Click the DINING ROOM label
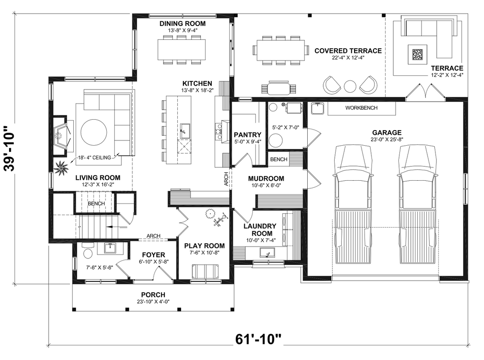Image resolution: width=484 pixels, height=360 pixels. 182,24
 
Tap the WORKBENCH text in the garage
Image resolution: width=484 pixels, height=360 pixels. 361,108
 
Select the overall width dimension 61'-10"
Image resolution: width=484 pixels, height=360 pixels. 259,339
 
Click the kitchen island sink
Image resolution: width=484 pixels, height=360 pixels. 185,131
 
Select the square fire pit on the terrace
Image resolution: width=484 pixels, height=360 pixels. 418,54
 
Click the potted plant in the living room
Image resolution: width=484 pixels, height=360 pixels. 61,168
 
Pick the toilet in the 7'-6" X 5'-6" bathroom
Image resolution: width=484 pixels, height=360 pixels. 88,251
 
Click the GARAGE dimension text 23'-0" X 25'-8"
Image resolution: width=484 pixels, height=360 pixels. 387,140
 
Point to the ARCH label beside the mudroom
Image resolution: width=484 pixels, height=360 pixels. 226,179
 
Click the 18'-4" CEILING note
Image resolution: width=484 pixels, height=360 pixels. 94,158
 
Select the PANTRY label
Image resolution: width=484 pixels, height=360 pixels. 248,135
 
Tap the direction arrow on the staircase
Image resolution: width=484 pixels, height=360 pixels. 116,227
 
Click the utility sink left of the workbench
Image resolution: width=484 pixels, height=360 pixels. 317,108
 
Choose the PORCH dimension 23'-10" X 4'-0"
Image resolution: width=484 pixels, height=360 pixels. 154,302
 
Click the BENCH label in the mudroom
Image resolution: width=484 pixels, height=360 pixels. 279,159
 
